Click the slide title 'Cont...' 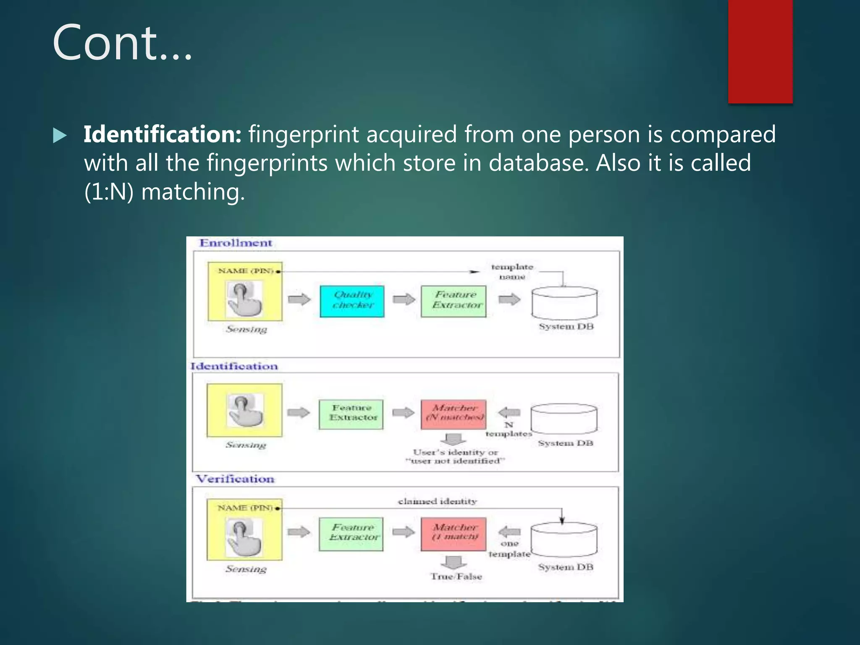[x=122, y=43]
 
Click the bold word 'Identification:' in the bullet [x=162, y=134]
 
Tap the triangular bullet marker [x=60, y=136]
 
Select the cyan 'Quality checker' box [x=352, y=301]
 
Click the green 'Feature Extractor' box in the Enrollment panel [x=454, y=301]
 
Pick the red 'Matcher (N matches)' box [x=454, y=414]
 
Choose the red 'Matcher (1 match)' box [x=454, y=533]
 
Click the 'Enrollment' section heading [x=236, y=243]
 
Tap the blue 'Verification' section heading [x=235, y=479]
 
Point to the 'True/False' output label [x=456, y=577]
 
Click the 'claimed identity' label [x=437, y=501]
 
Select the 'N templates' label [x=509, y=430]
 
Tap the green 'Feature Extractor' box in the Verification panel [x=351, y=533]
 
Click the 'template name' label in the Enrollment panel [x=512, y=272]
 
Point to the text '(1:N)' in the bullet [x=109, y=192]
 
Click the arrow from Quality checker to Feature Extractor [x=404, y=299]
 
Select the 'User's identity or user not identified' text [x=455, y=456]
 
